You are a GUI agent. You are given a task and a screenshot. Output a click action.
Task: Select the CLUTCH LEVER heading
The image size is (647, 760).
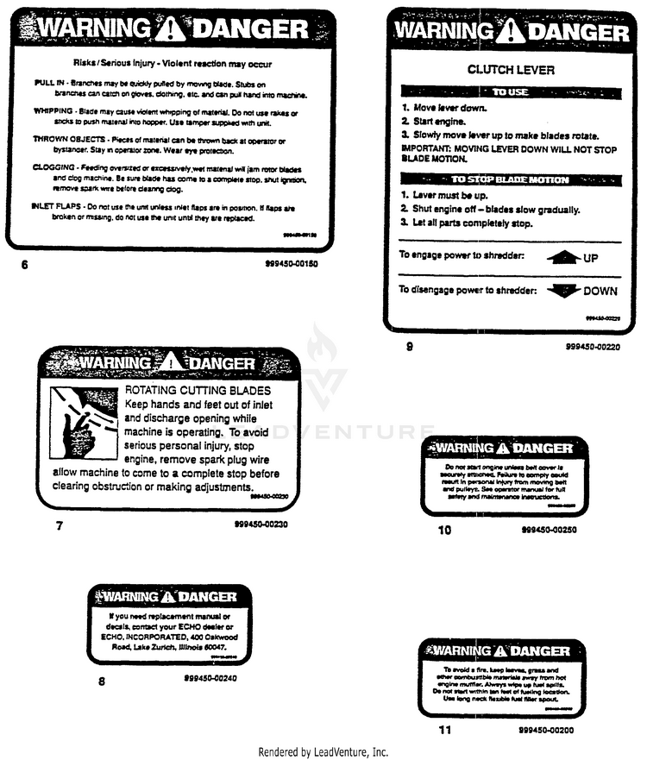511,70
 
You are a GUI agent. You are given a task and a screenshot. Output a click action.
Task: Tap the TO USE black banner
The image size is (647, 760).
511,91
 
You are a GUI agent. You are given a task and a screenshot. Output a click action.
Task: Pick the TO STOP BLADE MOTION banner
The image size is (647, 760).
511,179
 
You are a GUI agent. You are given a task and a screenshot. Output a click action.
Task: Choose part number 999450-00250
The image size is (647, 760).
550,530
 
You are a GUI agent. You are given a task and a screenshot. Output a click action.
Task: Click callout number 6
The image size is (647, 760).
24,265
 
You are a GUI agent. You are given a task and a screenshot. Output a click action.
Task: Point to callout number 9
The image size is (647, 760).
409,347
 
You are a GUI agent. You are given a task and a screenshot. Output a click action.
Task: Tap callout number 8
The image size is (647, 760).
102,681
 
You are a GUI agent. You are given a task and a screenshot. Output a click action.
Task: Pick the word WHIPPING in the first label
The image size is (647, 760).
53,111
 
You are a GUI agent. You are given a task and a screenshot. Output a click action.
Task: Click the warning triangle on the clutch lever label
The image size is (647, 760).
512,34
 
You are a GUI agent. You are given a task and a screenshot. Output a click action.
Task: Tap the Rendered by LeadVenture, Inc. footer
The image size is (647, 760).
323,751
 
